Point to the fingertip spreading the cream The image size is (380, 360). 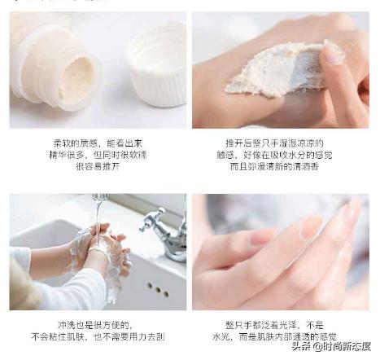click(334, 53)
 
